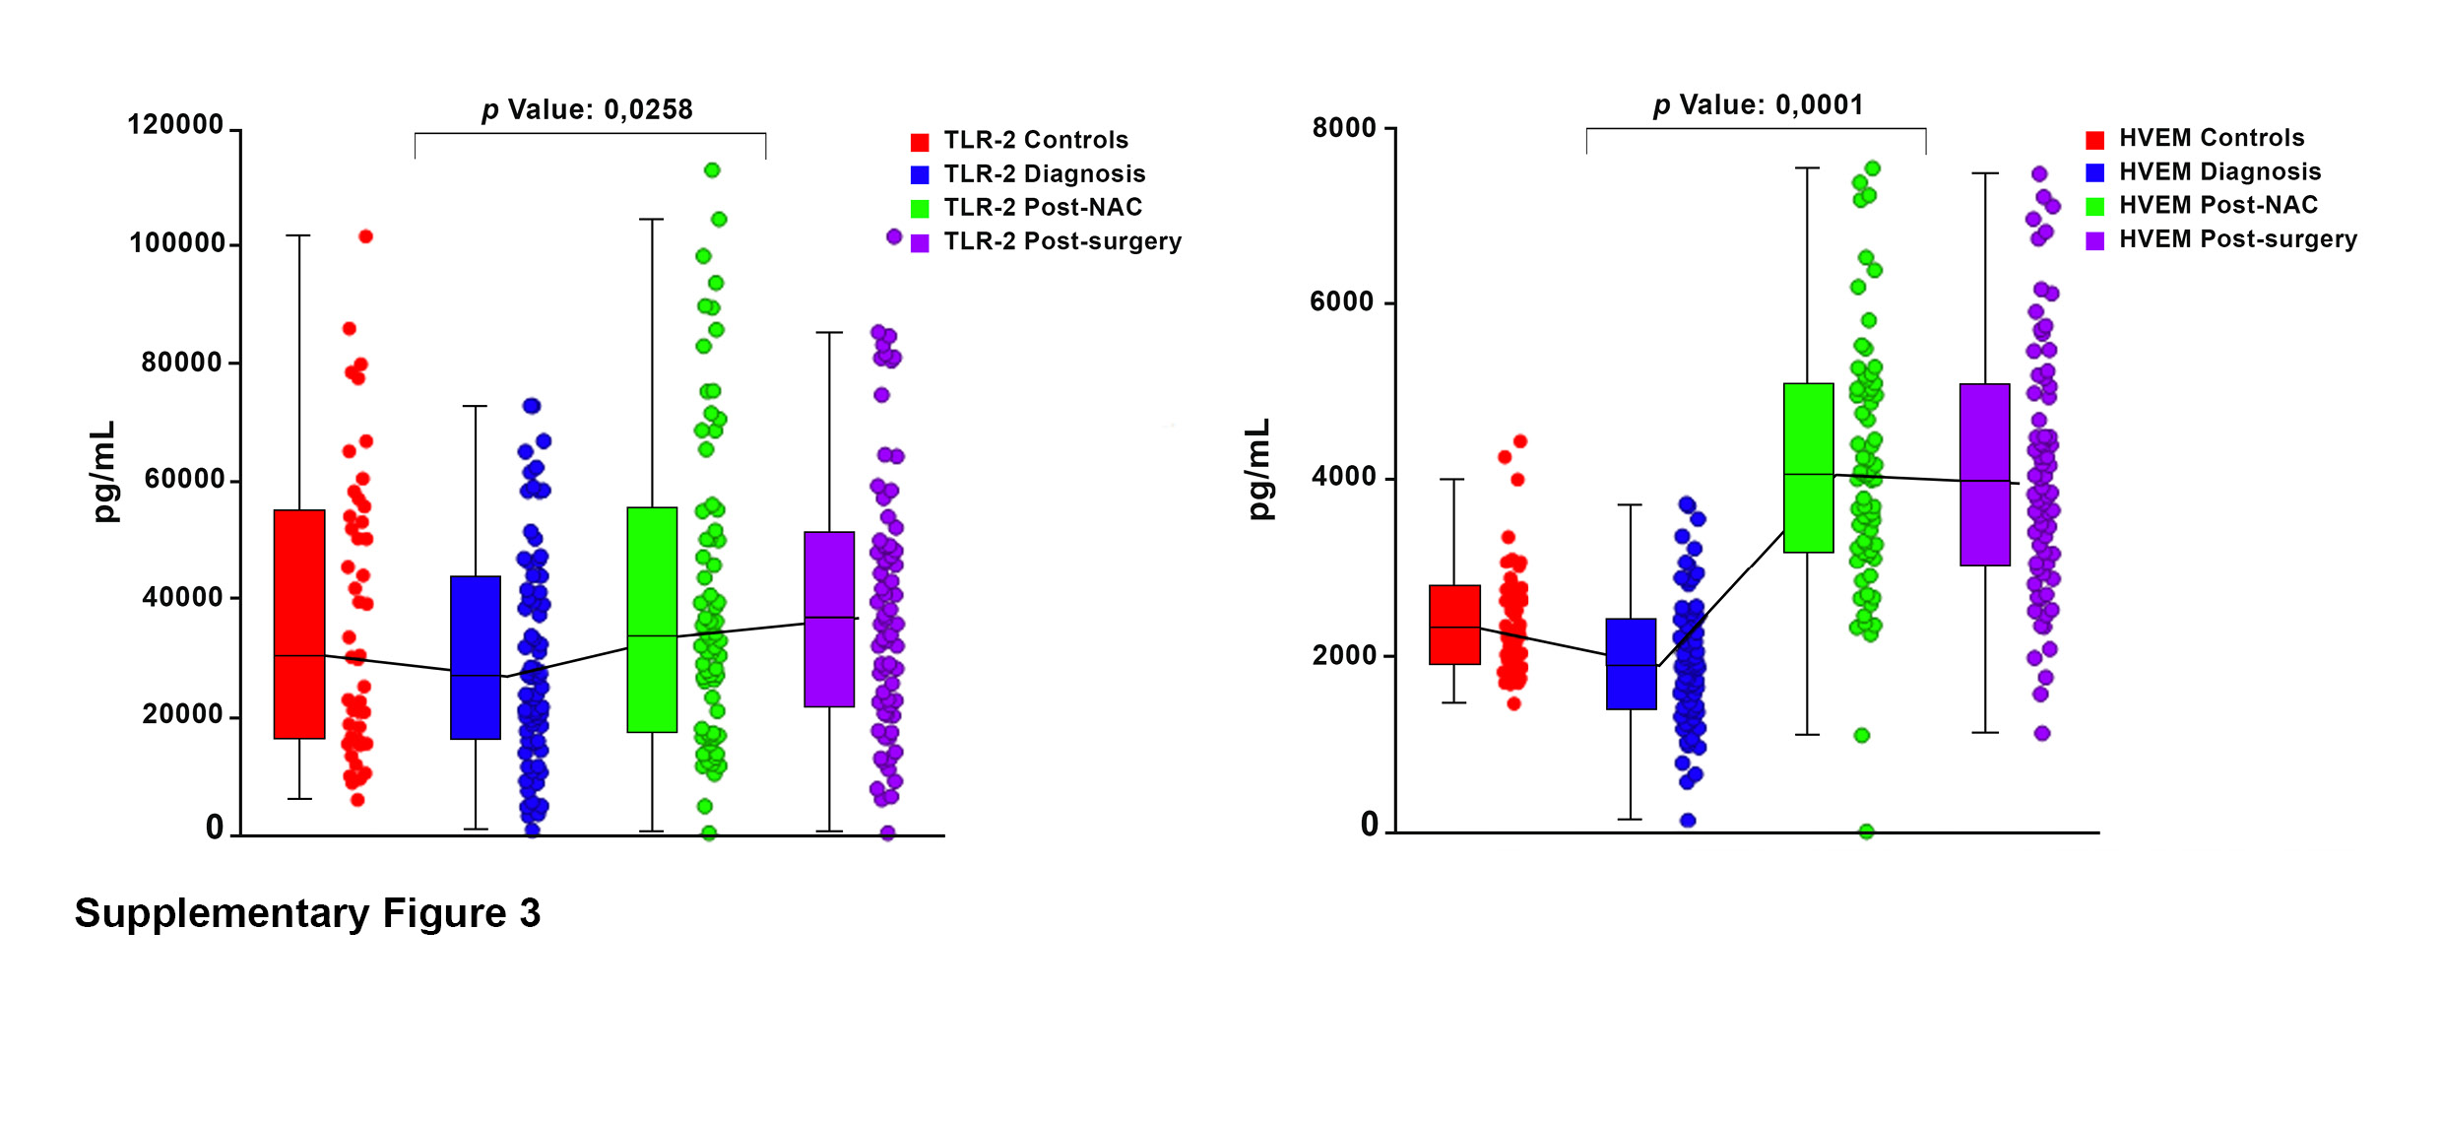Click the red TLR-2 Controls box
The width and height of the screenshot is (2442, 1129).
pos(299,624)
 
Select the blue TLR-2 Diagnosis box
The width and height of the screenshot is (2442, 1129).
pos(476,657)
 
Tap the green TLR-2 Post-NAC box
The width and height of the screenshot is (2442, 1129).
pos(652,620)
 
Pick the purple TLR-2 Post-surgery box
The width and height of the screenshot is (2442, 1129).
pos(829,619)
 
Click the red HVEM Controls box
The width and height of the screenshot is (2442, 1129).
pos(1454,625)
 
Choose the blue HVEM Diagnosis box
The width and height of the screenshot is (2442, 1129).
pos(1631,663)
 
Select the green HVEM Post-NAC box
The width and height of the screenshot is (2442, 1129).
pos(1808,468)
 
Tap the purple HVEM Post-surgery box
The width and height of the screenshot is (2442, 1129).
pos(1984,474)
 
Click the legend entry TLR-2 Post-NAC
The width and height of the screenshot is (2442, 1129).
pos(1042,208)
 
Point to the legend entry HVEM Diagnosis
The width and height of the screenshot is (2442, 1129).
pos(2219,172)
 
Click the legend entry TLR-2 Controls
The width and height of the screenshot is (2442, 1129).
pos(1035,140)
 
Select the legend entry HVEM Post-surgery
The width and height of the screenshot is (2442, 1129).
pos(2237,239)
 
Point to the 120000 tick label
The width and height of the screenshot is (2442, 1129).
pos(176,125)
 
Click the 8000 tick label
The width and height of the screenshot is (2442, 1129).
pos(1344,128)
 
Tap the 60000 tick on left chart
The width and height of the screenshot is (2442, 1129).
pos(184,479)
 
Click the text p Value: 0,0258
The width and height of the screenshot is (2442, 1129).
pos(588,109)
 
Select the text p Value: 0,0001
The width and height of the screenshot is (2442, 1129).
pos(1759,104)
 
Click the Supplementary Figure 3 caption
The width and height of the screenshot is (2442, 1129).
pos(307,913)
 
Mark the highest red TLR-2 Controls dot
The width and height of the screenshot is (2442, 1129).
pos(365,236)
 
